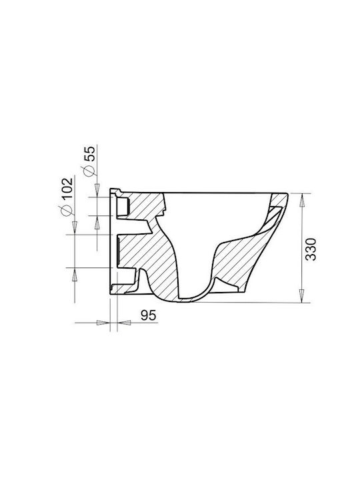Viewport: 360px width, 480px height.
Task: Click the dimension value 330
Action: [311, 249]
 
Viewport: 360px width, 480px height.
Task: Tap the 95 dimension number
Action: [149, 315]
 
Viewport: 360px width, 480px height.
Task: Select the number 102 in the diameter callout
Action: [67, 188]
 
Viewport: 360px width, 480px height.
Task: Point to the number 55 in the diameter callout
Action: [89, 153]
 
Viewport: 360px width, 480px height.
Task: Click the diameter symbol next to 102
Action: [67, 210]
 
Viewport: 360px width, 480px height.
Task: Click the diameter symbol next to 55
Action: [89, 171]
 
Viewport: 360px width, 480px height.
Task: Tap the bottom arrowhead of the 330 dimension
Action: [302, 295]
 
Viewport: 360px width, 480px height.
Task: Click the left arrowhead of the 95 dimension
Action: [103, 323]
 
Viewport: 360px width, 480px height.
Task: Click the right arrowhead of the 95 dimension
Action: [124, 323]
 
